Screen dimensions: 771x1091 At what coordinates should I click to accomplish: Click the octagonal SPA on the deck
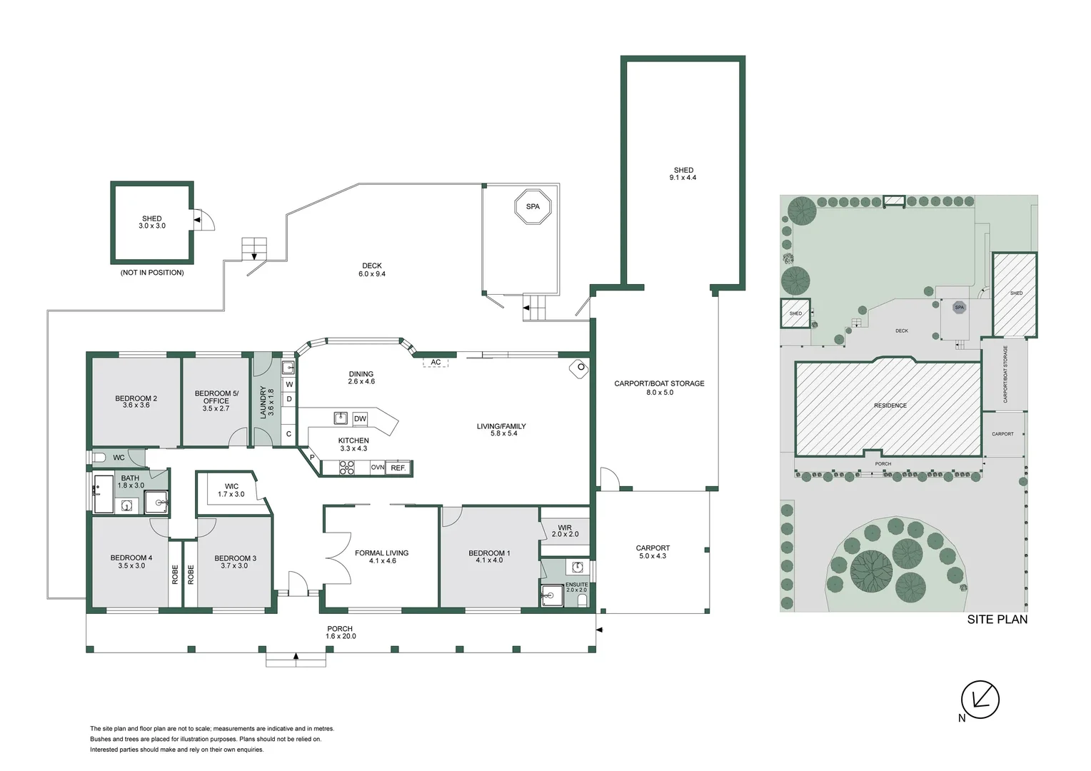click(x=533, y=206)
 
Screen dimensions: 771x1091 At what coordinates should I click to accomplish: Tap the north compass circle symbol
click(x=980, y=700)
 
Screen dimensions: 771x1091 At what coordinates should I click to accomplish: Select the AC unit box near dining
click(x=436, y=363)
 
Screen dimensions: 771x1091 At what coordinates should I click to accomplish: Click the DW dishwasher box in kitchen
click(x=360, y=418)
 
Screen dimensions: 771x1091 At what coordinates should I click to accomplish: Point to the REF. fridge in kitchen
click(x=398, y=468)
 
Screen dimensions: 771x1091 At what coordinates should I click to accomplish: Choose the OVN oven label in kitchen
click(x=378, y=468)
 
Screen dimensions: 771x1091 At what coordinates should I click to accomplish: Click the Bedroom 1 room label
click(x=489, y=557)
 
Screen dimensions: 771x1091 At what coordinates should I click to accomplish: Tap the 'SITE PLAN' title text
click(x=997, y=620)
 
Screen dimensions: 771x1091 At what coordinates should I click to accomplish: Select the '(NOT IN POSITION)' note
click(x=151, y=273)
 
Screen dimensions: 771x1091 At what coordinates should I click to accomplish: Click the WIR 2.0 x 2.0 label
click(x=565, y=530)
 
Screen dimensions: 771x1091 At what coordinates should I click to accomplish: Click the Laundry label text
click(x=266, y=402)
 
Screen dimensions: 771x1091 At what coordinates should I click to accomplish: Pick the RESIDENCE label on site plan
click(x=890, y=405)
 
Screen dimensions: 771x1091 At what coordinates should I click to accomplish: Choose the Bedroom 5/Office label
click(x=216, y=400)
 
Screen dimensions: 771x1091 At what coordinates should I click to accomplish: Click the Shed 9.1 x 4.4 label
click(x=683, y=173)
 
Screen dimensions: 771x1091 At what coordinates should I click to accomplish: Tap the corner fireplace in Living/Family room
click(x=578, y=368)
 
